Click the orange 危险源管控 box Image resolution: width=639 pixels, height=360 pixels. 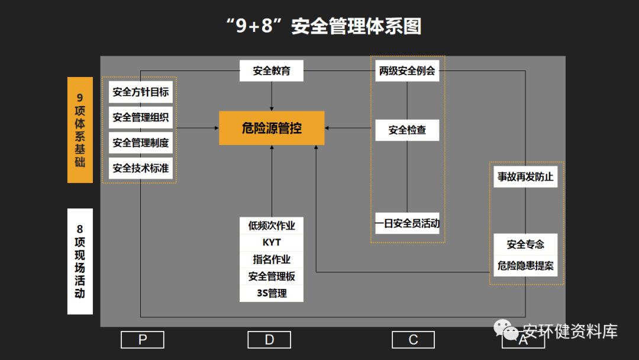point(272,128)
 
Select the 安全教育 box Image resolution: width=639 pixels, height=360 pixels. point(272,71)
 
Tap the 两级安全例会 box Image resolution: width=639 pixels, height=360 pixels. point(407,71)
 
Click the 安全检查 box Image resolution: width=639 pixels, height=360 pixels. point(407,130)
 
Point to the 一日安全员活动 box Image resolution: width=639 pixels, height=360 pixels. point(407,223)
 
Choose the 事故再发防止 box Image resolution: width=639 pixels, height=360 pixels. point(525,176)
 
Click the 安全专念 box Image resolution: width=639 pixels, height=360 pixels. point(525,244)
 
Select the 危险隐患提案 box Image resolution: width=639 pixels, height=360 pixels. point(525,266)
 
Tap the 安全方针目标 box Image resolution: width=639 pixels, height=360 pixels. point(141,92)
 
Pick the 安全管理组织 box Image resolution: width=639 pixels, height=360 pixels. point(141,117)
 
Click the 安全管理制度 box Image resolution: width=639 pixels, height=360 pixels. point(141,143)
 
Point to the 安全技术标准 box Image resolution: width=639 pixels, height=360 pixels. point(141,168)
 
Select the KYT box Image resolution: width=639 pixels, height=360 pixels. point(272,243)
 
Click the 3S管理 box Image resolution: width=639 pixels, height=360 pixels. point(272,293)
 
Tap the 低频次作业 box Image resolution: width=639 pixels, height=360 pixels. point(272,226)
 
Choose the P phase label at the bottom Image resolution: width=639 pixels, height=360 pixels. point(142,339)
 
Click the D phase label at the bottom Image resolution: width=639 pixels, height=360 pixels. point(269,339)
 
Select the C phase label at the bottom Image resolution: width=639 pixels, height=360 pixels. point(413,339)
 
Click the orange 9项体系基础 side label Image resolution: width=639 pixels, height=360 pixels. point(80,130)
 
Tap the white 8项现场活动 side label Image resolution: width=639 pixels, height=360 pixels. point(80,261)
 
